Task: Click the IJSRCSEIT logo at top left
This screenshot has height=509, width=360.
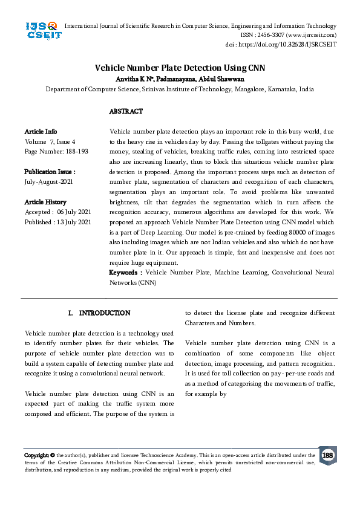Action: (x=42, y=30)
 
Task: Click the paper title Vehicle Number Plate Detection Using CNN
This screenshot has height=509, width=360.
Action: (x=180, y=68)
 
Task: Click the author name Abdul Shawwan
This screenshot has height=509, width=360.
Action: (x=223, y=79)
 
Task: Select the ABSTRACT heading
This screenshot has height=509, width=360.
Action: (x=126, y=111)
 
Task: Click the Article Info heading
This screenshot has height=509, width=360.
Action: (x=41, y=131)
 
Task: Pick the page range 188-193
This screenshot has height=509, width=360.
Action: (x=73, y=151)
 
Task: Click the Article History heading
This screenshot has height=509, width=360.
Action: (x=45, y=202)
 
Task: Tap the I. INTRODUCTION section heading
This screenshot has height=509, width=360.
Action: (x=99, y=313)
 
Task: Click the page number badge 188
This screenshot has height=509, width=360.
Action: (x=327, y=455)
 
